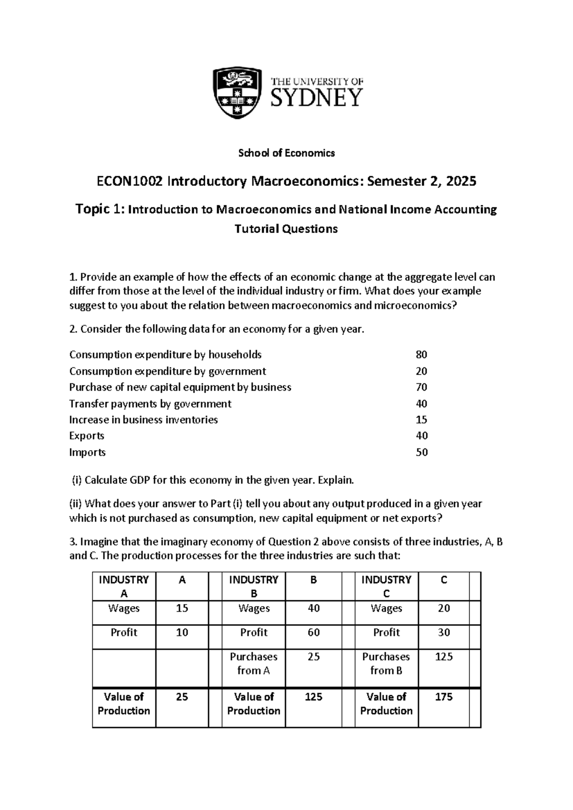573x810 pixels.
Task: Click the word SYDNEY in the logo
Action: point(317,98)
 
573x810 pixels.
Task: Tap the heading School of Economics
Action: point(286,153)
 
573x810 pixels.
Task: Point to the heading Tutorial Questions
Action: point(286,229)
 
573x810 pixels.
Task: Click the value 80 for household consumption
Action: point(421,355)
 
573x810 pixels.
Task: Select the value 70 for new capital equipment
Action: point(421,387)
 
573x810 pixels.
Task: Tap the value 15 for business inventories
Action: point(421,420)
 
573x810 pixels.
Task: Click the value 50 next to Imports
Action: point(421,452)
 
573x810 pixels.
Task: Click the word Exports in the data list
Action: point(86,436)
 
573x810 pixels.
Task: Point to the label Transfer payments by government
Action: point(150,404)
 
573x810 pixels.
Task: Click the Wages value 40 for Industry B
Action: point(314,608)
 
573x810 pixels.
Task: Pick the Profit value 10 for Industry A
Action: point(182,633)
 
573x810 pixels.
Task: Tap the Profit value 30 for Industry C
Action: point(444,633)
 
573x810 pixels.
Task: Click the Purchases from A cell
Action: point(254,664)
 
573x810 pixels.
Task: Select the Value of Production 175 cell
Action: point(444,697)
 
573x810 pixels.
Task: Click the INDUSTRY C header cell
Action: point(386,587)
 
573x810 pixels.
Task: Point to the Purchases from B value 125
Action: point(444,657)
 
